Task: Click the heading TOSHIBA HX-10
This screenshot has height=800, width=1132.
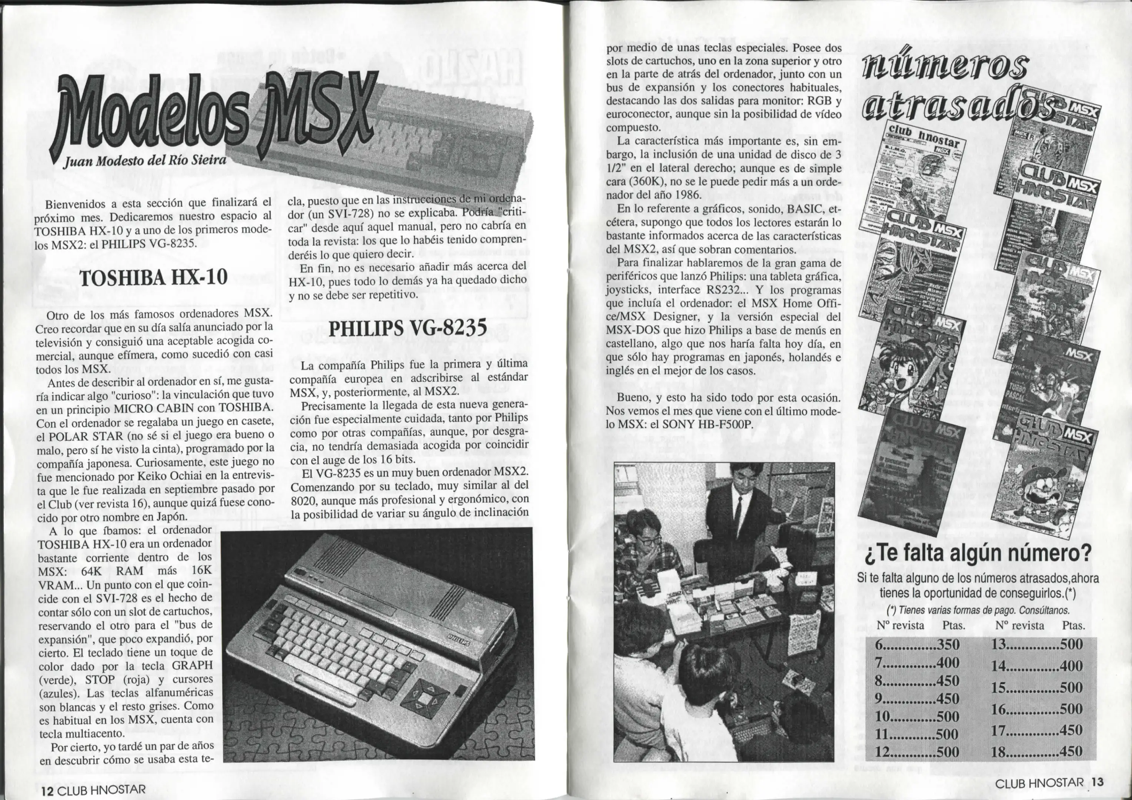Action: [x=153, y=278]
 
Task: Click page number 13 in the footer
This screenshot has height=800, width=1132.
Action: [x=1098, y=782]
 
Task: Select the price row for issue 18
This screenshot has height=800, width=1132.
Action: [x=1037, y=751]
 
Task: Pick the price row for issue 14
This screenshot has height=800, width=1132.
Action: [x=1037, y=666]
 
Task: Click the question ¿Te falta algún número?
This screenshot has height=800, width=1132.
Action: [x=978, y=553]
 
